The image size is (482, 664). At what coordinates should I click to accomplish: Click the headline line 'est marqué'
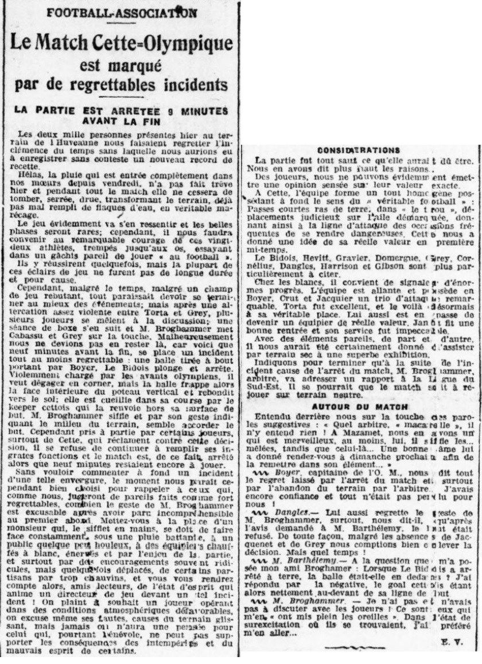[x=120, y=64]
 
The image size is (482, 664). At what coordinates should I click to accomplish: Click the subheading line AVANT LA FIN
[x=120, y=121]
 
